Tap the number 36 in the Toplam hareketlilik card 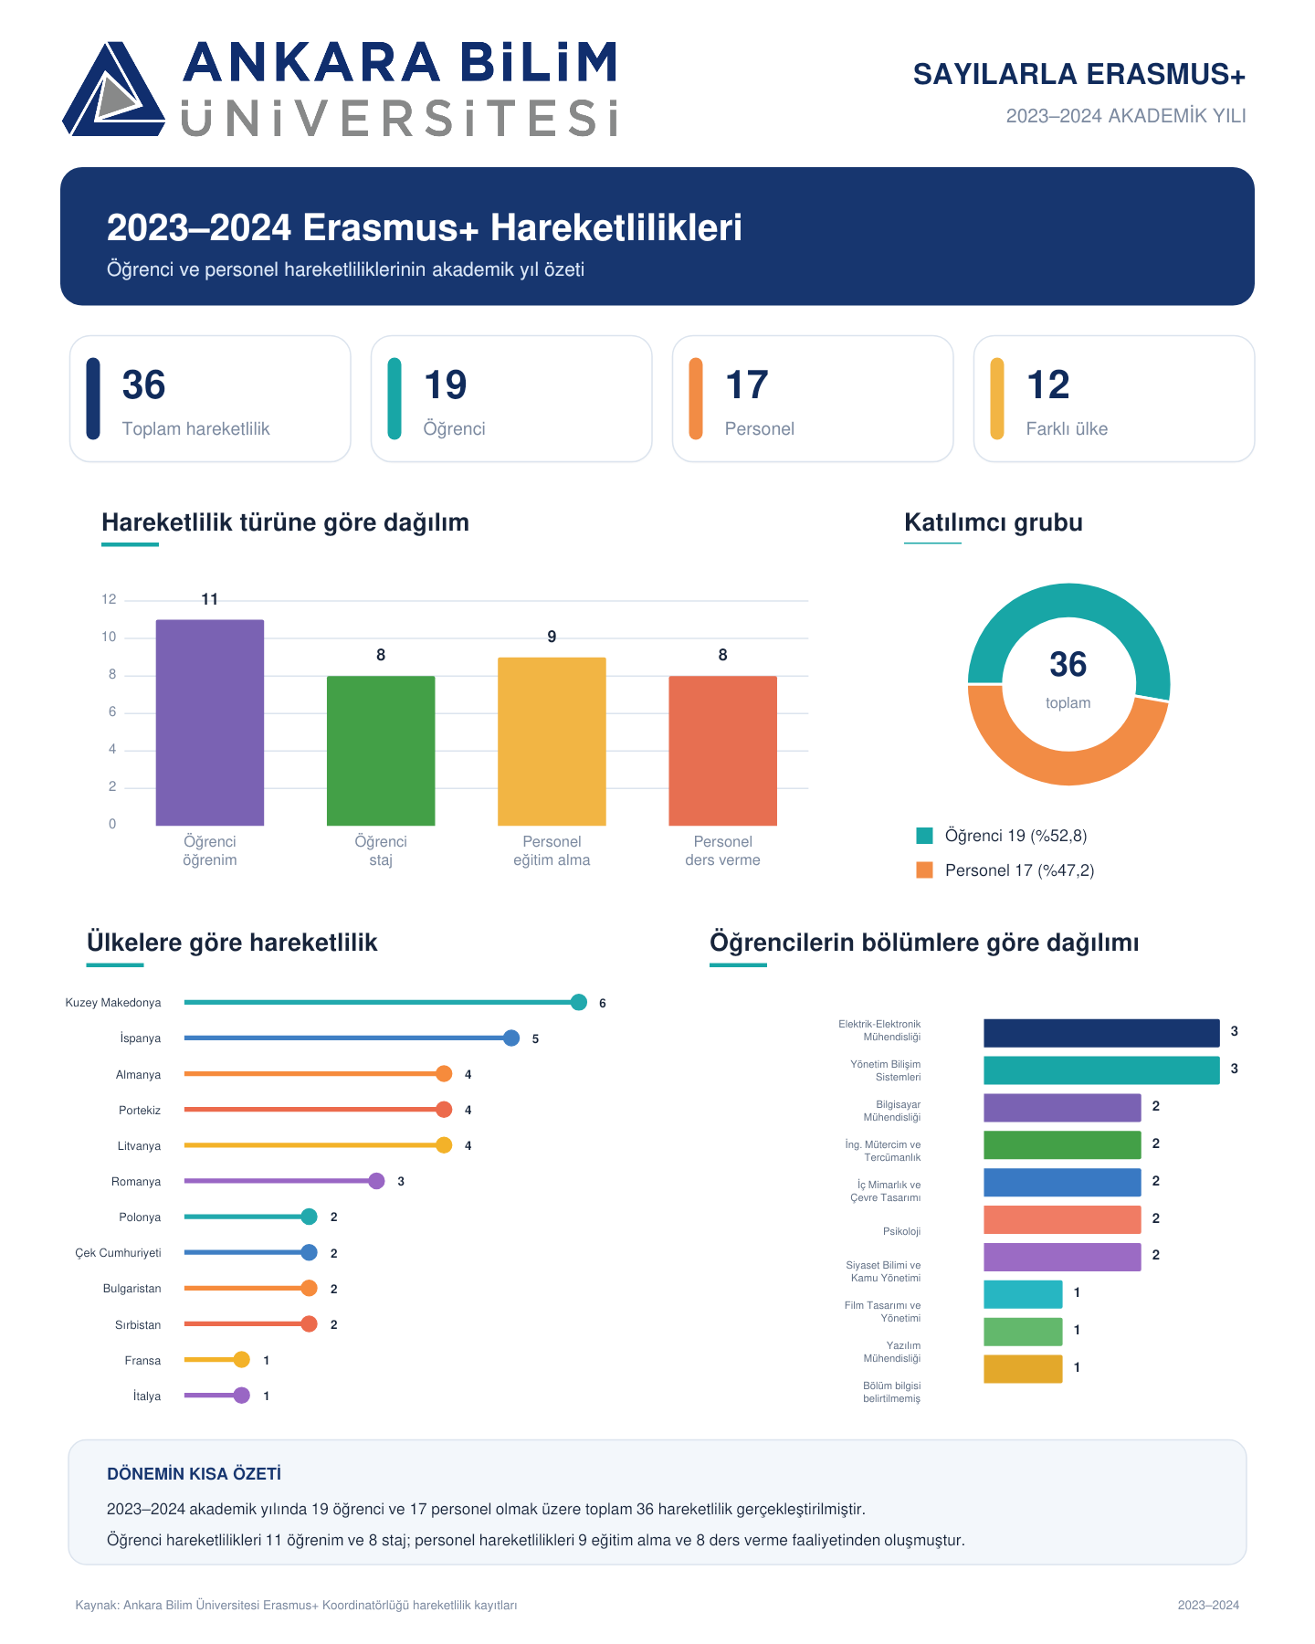click(x=144, y=385)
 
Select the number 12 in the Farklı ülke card click(x=1047, y=385)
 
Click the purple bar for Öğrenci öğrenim click(x=210, y=722)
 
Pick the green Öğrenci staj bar click(x=381, y=751)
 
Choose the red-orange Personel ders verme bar click(x=722, y=751)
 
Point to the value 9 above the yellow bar click(x=552, y=637)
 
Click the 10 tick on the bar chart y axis click(x=109, y=637)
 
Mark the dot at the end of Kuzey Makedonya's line click(x=578, y=1003)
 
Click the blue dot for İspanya click(x=511, y=1038)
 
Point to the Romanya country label click(x=136, y=1182)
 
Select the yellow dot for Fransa click(x=241, y=1360)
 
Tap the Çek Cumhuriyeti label click(x=118, y=1253)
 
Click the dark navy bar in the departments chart click(x=1101, y=1033)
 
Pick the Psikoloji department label click(x=901, y=1232)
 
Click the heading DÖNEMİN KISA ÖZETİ click(x=194, y=1474)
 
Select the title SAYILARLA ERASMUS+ click(x=1079, y=75)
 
